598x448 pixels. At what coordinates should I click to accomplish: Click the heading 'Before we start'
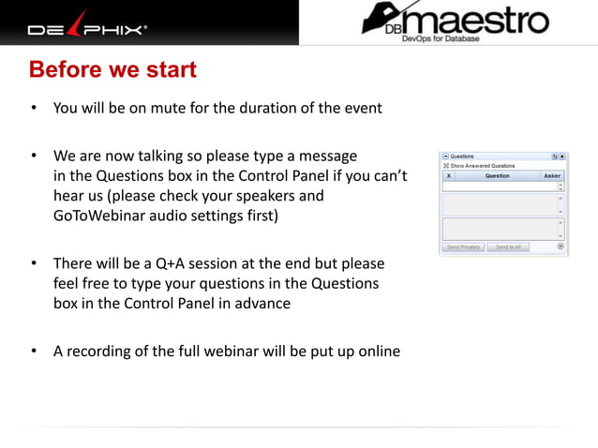[112, 70]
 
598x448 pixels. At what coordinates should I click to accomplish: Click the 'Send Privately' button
[463, 247]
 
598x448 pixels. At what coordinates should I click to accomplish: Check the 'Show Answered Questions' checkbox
[446, 165]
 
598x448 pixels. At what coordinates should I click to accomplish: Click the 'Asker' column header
[552, 175]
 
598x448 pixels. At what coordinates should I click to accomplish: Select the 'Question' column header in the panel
[498, 175]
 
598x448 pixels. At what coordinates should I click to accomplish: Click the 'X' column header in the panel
[448, 175]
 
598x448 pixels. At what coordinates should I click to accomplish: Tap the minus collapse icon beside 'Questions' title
[446, 157]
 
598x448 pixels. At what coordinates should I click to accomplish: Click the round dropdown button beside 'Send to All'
[561, 247]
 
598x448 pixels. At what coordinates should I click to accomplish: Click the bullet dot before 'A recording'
[34, 351]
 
